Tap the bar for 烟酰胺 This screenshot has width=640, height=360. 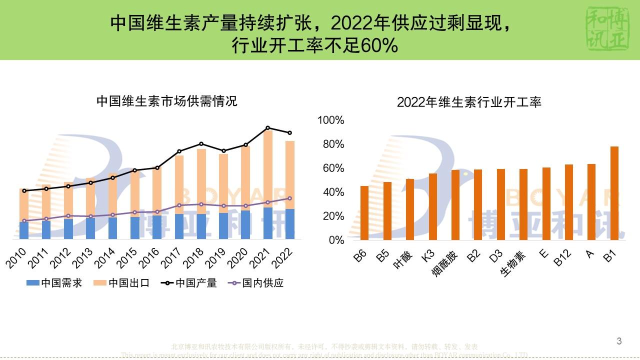click(455, 205)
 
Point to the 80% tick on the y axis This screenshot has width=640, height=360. click(332, 144)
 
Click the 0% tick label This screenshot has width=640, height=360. click(336, 240)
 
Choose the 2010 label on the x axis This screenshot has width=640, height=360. click(17, 258)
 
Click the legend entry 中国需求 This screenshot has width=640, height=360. click(54, 283)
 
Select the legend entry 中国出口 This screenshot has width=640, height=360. click(122, 283)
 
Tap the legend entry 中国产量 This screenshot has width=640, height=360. click(189, 283)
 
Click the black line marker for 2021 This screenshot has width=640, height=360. click(267, 128)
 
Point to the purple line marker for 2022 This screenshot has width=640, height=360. click(289, 198)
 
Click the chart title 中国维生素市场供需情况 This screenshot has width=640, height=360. click(166, 101)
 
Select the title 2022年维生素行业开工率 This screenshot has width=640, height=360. click(469, 102)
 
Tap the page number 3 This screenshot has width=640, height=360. click(619, 341)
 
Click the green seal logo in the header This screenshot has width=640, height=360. click(605, 29)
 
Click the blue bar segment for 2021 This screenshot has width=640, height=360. click(267, 223)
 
